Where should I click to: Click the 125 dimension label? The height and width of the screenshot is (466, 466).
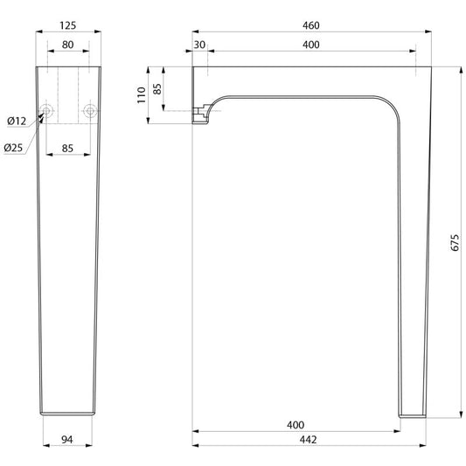click(68, 25)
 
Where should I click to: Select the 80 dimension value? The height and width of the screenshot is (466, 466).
click(68, 45)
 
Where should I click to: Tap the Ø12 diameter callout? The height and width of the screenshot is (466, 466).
click(17, 122)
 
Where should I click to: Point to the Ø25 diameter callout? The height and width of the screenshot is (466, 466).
click(13, 148)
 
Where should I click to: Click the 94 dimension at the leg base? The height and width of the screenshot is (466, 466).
click(67, 440)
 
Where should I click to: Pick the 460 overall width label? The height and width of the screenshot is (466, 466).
click(311, 25)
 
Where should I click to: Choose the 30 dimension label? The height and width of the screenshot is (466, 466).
click(199, 45)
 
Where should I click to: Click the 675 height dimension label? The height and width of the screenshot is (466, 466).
click(455, 242)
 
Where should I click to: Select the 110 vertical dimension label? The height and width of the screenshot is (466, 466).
click(142, 95)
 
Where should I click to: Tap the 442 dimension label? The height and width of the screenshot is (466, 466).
click(309, 440)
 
